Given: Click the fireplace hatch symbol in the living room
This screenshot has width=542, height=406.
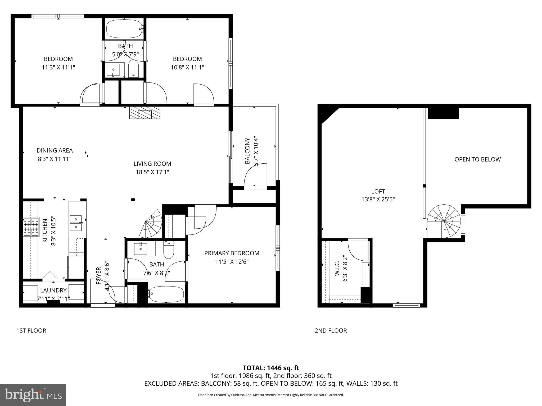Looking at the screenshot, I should pyautogui.click(x=145, y=113).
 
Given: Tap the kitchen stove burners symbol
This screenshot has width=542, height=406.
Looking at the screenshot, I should pyautogui.click(x=31, y=227).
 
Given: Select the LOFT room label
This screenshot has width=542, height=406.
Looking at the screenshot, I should pyautogui.click(x=378, y=191).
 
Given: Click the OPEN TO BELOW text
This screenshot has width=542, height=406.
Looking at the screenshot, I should pyautogui.click(x=477, y=159).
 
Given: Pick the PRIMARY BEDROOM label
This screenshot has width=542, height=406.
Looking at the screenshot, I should pyautogui.click(x=232, y=253).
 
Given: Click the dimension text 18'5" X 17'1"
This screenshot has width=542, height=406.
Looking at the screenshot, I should pyautogui.click(x=152, y=172).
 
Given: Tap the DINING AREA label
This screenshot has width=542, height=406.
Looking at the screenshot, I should pyautogui.click(x=55, y=150).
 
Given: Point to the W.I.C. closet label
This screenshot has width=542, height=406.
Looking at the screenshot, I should pyautogui.click(x=337, y=269).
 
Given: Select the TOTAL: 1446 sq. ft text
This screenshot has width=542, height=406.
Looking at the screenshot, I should pyautogui.click(x=271, y=368).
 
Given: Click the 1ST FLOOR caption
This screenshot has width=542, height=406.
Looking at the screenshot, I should pyautogui.click(x=31, y=331).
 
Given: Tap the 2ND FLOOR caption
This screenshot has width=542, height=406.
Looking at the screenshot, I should pyautogui.click(x=331, y=331).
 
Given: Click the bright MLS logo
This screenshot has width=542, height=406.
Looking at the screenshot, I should pyautogui.click(x=33, y=395).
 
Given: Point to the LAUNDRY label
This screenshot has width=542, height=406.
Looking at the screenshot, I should pyautogui.click(x=53, y=290).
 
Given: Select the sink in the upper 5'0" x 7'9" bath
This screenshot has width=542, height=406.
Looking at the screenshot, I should pyautogui.click(x=114, y=70).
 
